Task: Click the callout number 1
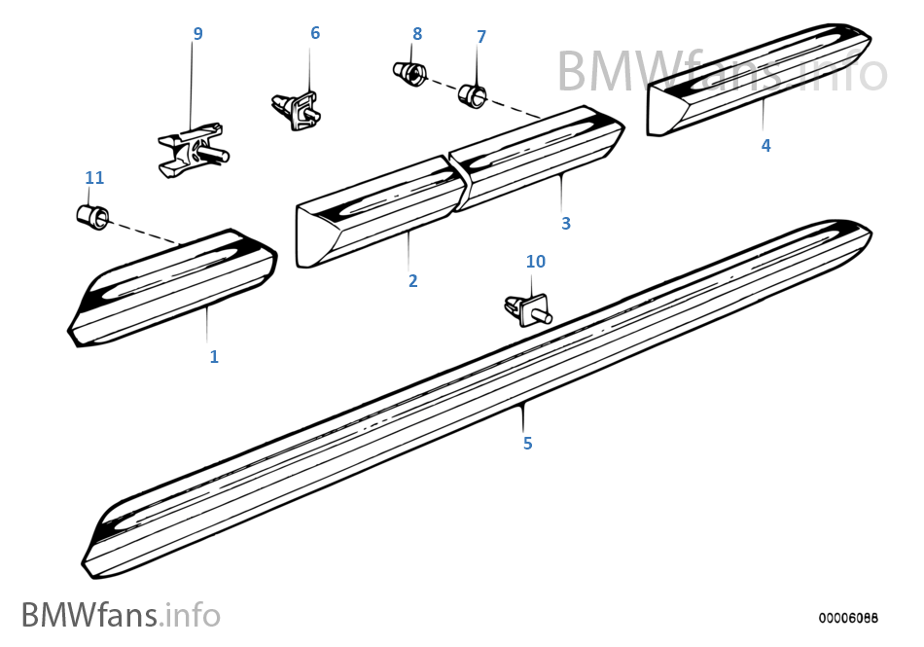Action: click(x=214, y=357)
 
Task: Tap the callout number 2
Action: click(x=413, y=281)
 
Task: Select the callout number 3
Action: click(x=566, y=224)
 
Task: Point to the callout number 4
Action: click(x=766, y=146)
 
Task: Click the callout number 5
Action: click(x=527, y=444)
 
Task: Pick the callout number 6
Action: click(x=315, y=34)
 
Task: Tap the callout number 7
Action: click(x=480, y=37)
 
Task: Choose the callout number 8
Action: click(x=417, y=34)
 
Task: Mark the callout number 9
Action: click(x=198, y=34)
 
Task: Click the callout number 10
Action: click(x=536, y=262)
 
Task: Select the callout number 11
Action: click(x=94, y=178)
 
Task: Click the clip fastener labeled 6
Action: click(x=297, y=107)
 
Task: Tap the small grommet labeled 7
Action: click(x=474, y=95)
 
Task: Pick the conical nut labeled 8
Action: click(x=409, y=73)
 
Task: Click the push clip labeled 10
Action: click(x=526, y=308)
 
